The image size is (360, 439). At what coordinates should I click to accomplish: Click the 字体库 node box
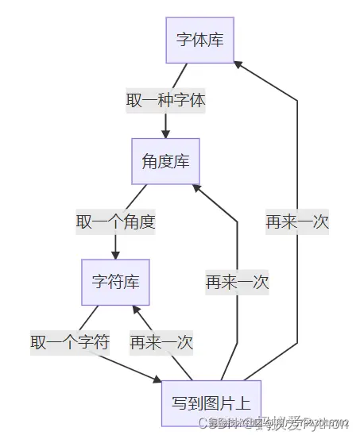pyautogui.click(x=200, y=40)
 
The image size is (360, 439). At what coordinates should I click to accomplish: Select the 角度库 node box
pyautogui.click(x=165, y=161)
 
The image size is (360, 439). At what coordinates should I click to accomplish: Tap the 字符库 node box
pyautogui.click(x=115, y=282)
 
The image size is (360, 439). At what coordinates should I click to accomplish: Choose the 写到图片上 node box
pyautogui.click(x=211, y=402)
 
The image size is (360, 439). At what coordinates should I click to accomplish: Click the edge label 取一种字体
pyautogui.click(x=165, y=101)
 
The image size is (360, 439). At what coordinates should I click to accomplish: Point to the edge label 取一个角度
pyautogui.click(x=115, y=221)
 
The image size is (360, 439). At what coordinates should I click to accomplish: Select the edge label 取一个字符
pyautogui.click(x=70, y=342)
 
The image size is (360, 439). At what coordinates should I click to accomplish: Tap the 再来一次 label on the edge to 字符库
pyautogui.click(x=161, y=342)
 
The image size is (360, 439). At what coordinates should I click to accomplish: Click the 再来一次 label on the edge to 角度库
pyautogui.click(x=237, y=282)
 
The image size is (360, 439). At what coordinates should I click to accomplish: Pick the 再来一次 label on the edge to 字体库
pyautogui.click(x=297, y=221)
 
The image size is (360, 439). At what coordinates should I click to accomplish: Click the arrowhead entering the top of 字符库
pyautogui.click(x=115, y=254)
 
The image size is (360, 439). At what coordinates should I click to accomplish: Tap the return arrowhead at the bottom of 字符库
pyautogui.click(x=137, y=310)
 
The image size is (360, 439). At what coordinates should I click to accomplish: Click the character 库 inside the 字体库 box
pyautogui.click(x=216, y=40)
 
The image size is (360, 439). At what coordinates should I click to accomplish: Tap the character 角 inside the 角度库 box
pyautogui.click(x=149, y=161)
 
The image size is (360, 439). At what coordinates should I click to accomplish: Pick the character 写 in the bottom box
pyautogui.click(x=180, y=402)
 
